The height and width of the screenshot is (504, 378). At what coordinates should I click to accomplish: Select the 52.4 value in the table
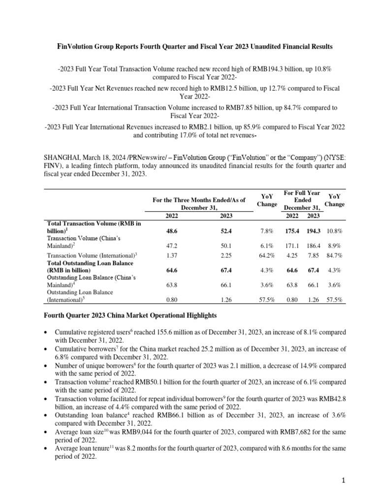[x=226, y=230]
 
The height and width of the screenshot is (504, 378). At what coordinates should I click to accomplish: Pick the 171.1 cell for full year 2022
[x=292, y=244]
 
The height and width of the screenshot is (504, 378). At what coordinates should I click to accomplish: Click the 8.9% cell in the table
[x=335, y=244]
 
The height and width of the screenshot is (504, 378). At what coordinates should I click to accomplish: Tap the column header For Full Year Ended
[x=302, y=197]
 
